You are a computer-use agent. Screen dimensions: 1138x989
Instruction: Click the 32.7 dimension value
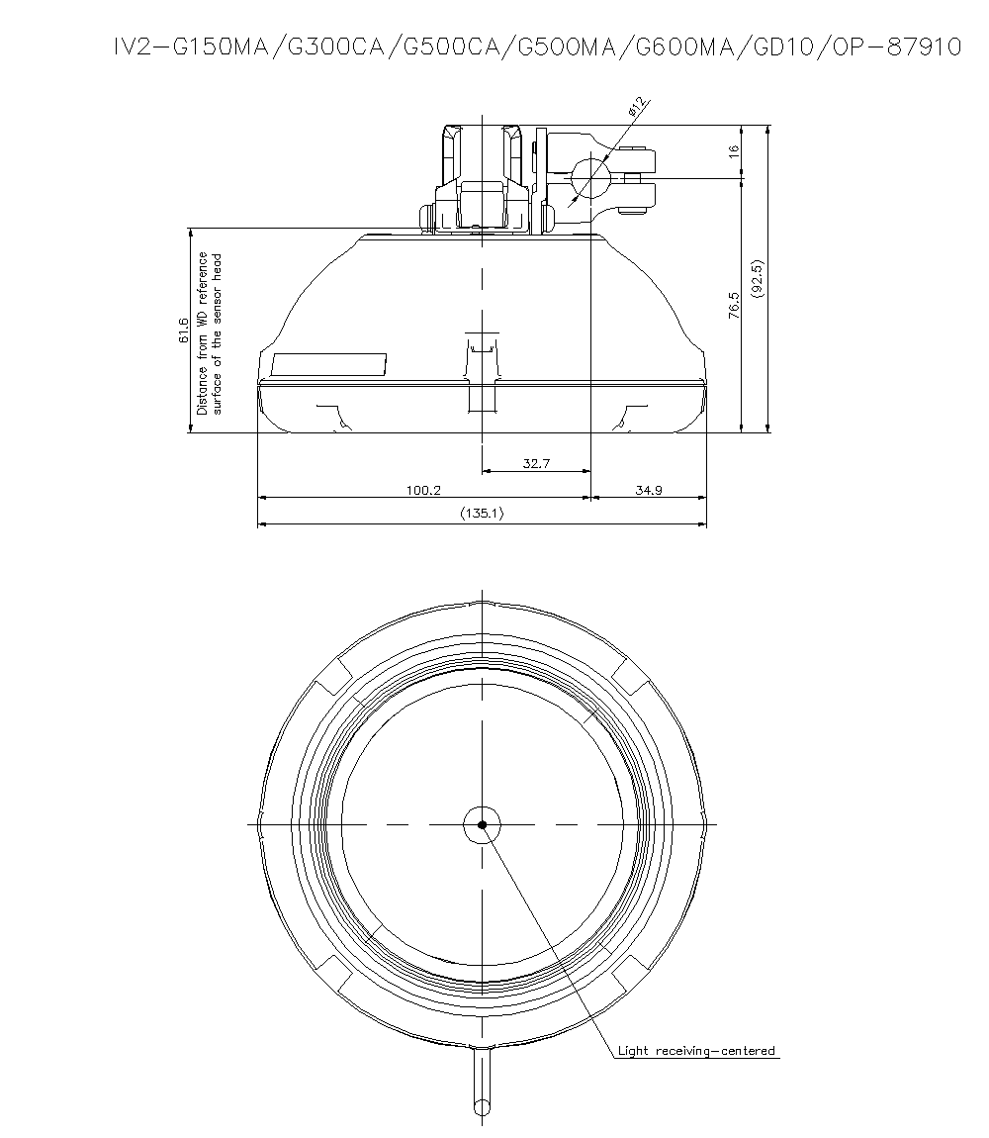point(535,463)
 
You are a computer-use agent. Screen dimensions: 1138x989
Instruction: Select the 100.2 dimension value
point(423,490)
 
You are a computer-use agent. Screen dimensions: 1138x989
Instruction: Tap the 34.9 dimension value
point(648,490)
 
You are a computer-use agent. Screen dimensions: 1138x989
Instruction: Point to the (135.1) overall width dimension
point(482,515)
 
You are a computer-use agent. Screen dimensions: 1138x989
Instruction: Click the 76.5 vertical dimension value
point(733,305)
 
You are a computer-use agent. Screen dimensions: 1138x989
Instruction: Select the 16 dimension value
point(733,151)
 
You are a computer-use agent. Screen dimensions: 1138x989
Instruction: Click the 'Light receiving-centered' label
point(696,1051)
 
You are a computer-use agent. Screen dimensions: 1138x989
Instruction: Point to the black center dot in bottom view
point(482,824)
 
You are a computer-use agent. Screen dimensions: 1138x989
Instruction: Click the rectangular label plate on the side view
point(329,364)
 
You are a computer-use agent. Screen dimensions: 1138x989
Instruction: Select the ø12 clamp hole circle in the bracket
point(591,178)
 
